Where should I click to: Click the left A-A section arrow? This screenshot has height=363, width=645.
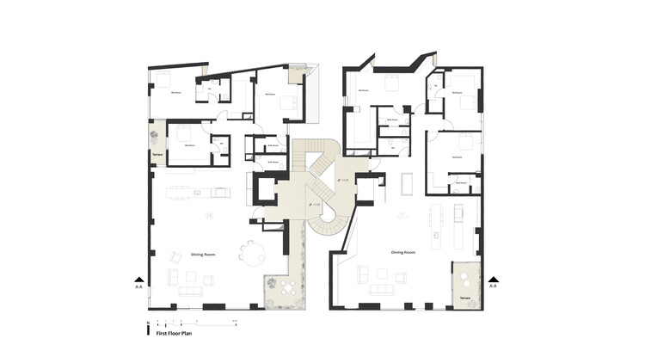[x=139, y=280]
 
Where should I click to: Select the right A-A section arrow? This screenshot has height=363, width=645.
[x=493, y=280]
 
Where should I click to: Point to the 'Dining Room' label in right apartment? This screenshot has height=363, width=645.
[x=402, y=252]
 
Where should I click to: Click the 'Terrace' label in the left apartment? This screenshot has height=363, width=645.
[x=157, y=156]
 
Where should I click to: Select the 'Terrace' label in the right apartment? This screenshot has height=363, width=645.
[x=464, y=297]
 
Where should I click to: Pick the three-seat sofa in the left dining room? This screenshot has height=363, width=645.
[x=190, y=290]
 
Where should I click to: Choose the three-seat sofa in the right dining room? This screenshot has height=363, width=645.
[x=382, y=288]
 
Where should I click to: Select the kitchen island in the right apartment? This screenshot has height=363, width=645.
[x=435, y=222]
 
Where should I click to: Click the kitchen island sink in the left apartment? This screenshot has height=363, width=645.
[x=197, y=193]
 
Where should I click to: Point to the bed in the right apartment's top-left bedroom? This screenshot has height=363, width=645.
[x=387, y=85]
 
